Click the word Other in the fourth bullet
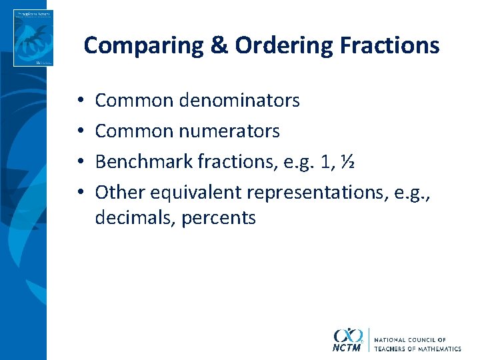(x=120, y=192)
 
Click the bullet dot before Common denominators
(x=79, y=101)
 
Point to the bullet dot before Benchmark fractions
(x=79, y=162)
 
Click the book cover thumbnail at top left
(x=33, y=38)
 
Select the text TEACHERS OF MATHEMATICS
(x=417, y=349)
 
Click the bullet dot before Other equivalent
(x=79, y=193)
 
